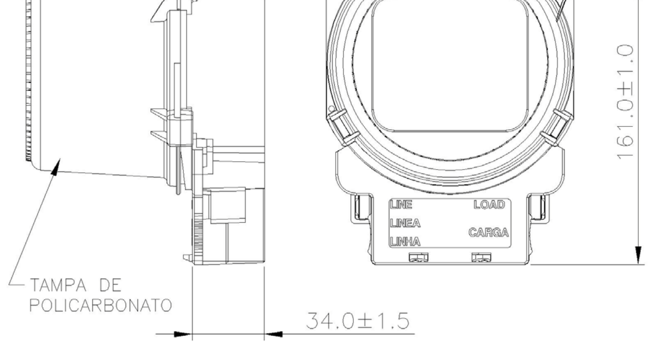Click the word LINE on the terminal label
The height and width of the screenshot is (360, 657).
click(401, 205)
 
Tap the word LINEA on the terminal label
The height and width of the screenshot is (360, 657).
click(405, 223)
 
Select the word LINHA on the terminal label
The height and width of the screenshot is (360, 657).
click(405, 242)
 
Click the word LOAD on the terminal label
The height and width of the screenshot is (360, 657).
click(489, 205)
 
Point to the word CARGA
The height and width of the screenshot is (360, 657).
click(489, 233)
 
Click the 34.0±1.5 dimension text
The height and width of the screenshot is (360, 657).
click(358, 321)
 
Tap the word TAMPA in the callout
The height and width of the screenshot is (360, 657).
click(58, 285)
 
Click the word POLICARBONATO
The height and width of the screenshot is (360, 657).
click(101, 306)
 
